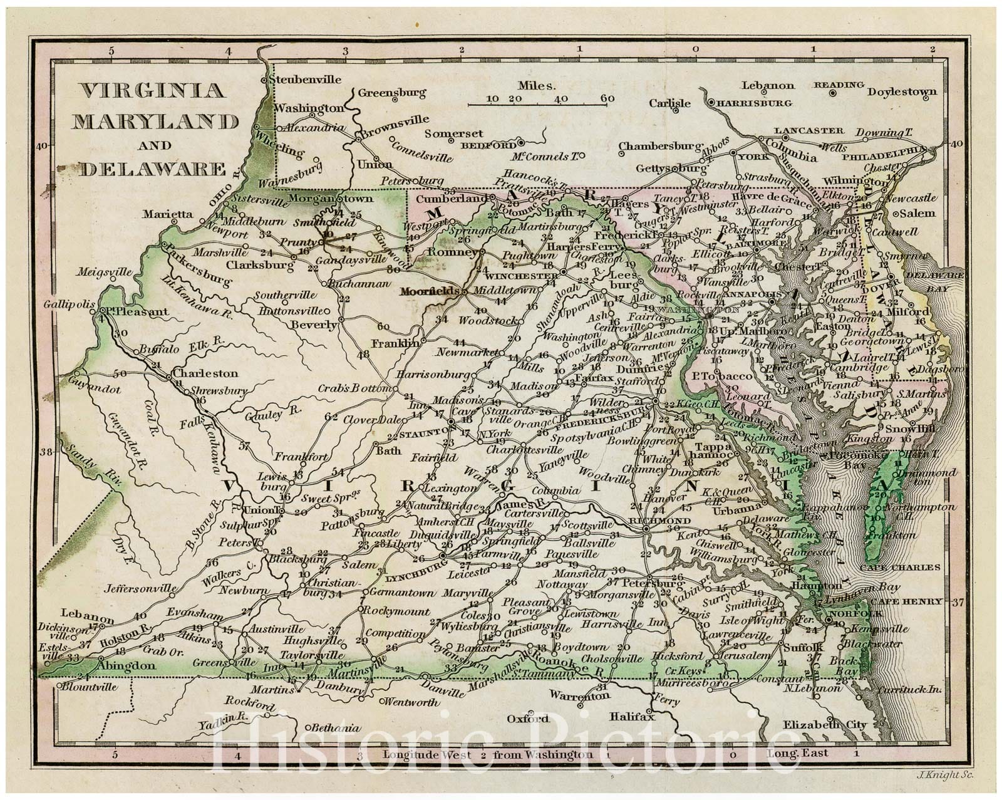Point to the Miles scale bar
point(542,98)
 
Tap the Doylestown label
point(902,91)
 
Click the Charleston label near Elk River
point(206,373)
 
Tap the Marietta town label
point(167,214)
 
